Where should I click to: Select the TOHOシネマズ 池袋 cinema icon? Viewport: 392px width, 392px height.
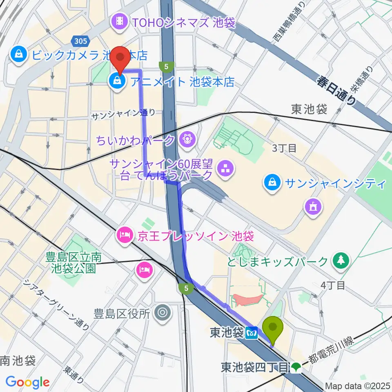tap(120, 20)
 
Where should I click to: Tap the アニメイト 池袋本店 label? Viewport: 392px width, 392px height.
tap(183, 81)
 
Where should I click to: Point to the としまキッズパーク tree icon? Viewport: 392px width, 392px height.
tap(340, 260)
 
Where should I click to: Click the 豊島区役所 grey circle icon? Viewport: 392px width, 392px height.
tap(162, 313)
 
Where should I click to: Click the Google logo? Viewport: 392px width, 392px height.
tap(27, 382)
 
